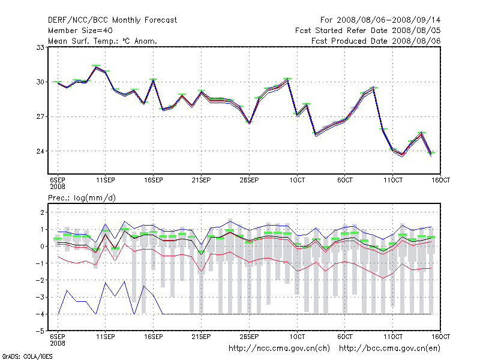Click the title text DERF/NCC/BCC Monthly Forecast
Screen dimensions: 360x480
(112, 20)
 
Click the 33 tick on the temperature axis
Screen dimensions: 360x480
(41, 47)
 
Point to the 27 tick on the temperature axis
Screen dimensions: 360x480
(41, 116)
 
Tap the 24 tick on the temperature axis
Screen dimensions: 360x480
(41, 151)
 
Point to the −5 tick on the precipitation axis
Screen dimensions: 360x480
(40, 331)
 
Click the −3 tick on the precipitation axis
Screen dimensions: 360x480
(40, 297)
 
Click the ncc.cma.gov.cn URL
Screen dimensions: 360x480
(279, 348)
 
